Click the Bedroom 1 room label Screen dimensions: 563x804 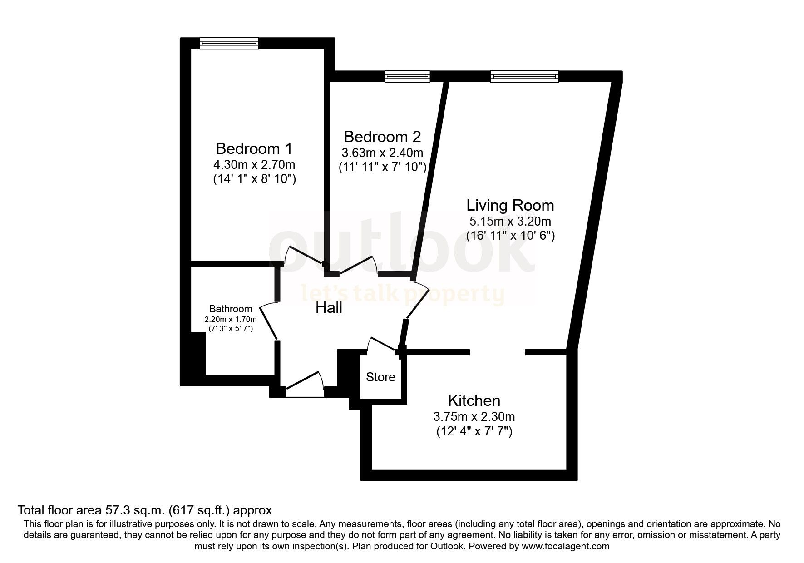(254, 148)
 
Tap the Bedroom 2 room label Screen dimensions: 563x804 (382, 137)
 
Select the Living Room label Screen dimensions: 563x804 (510, 205)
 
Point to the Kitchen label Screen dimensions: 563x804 (474, 400)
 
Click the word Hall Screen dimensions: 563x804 (329, 308)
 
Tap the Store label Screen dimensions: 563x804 (380, 377)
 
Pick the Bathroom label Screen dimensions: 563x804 (231, 309)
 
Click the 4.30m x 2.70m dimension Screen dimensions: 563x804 (254, 164)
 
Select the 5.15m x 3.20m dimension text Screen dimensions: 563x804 (510, 222)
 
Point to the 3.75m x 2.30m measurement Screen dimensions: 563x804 (474, 416)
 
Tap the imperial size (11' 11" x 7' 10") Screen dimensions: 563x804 (382, 168)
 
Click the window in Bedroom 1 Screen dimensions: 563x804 (229, 43)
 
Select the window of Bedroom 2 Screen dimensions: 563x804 (407, 76)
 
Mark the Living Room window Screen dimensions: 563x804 (524, 76)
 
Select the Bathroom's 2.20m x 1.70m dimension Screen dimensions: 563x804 (231, 319)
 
